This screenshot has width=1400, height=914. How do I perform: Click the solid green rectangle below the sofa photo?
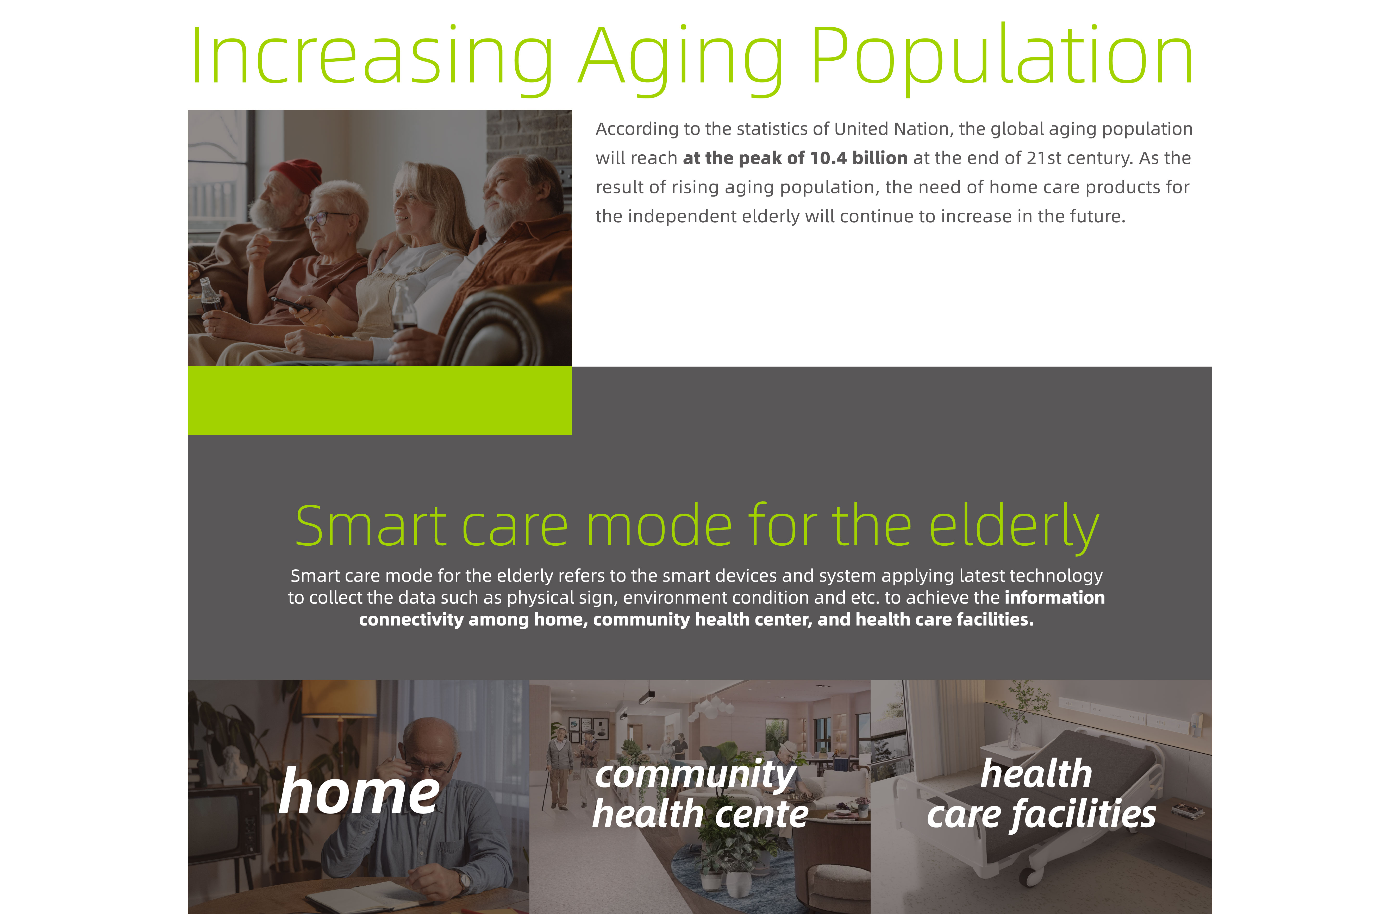click(x=379, y=401)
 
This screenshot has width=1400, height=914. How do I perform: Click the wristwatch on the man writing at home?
click(x=465, y=881)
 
